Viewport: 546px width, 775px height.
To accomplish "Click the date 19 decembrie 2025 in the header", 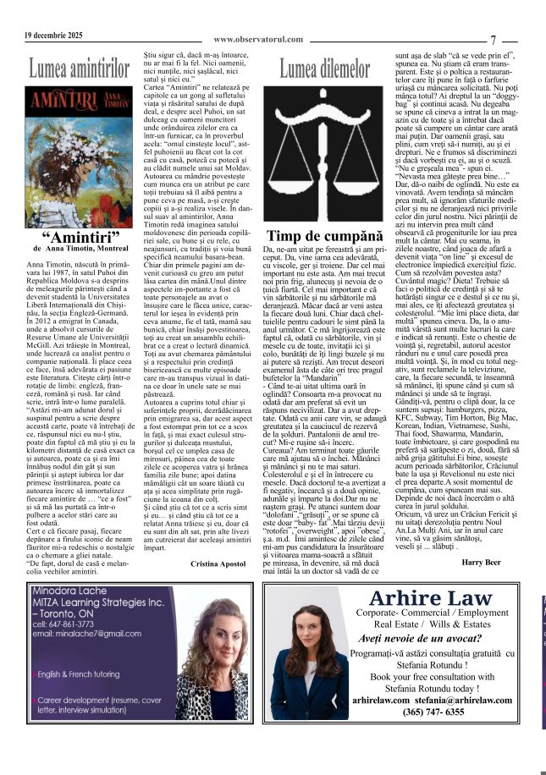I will point(53,36).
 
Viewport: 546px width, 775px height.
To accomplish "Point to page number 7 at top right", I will point(494,40).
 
